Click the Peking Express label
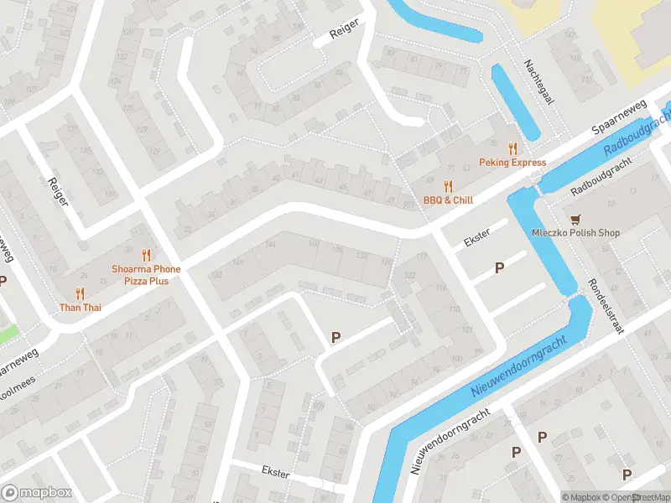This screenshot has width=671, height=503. [x=512, y=163]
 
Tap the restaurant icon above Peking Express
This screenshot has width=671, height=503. [x=512, y=148]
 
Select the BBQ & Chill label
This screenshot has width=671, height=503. [x=448, y=200]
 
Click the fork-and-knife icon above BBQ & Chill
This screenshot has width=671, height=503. [x=448, y=186]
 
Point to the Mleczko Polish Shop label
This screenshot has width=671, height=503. [x=575, y=233]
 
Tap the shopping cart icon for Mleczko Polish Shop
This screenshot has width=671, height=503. [x=575, y=219]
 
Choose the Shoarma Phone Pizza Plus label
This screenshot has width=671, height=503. [x=146, y=274]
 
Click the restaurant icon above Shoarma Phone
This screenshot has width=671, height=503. [x=146, y=254]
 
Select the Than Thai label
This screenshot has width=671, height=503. [x=80, y=308]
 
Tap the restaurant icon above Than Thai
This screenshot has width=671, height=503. [x=80, y=293]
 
